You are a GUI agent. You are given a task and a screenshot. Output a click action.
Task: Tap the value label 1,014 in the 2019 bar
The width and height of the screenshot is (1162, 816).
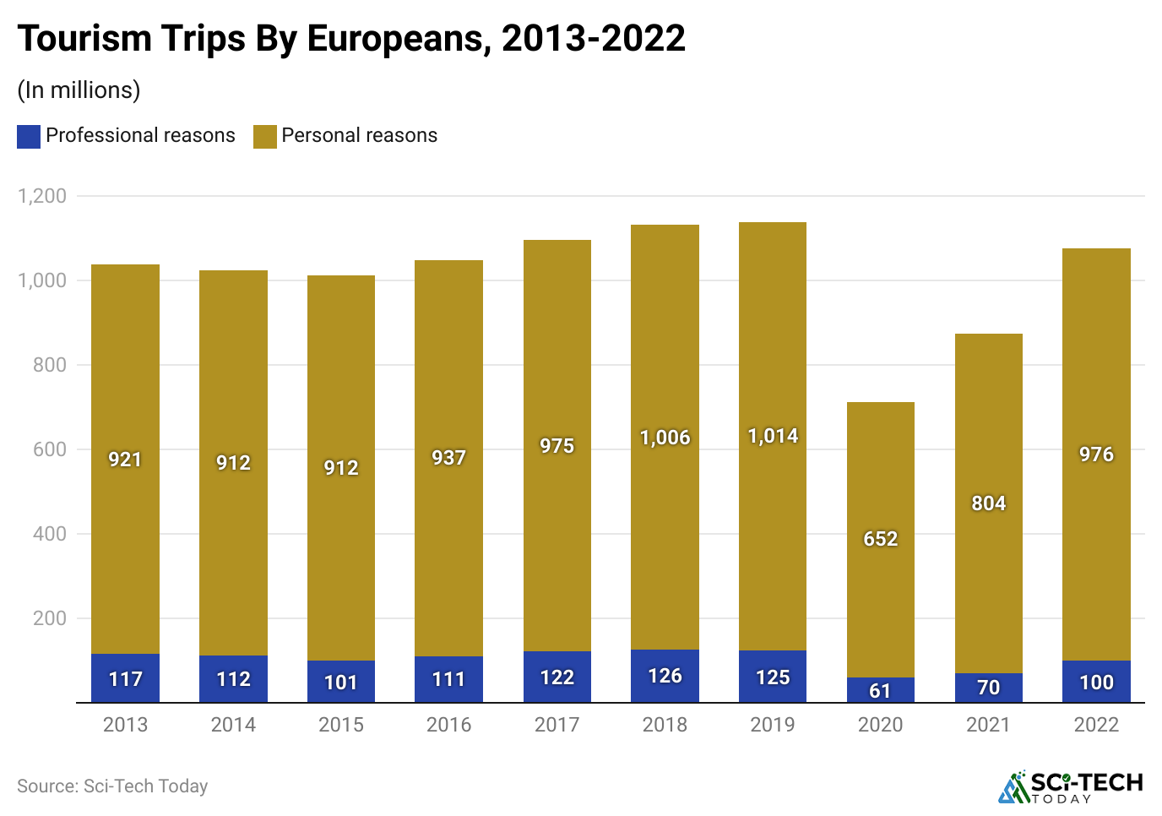tap(773, 436)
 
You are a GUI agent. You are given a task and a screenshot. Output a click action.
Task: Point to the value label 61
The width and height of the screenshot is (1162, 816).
tap(880, 691)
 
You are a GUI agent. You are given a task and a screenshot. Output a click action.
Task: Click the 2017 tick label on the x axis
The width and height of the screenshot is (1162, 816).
tap(557, 725)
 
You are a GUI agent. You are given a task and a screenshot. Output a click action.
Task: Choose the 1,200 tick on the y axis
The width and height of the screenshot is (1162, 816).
tap(42, 196)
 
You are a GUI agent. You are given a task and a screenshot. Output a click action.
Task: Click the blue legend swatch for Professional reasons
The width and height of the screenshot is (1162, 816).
tap(29, 137)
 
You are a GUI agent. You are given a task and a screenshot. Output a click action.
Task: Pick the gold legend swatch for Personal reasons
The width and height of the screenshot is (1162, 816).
tap(265, 137)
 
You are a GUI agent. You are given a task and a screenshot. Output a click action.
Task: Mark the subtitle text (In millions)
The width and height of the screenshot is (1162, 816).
tap(79, 90)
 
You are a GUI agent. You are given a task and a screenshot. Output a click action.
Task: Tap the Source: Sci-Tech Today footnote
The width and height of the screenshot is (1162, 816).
tap(112, 786)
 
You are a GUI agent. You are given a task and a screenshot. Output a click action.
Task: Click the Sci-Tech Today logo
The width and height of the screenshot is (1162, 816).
tap(1071, 787)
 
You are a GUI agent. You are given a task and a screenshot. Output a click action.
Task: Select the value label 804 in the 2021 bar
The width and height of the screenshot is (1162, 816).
tap(988, 503)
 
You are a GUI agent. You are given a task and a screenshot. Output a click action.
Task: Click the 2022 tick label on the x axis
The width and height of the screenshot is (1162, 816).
tap(1096, 725)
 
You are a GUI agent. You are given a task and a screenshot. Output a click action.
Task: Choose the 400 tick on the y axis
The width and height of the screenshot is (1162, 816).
tap(50, 534)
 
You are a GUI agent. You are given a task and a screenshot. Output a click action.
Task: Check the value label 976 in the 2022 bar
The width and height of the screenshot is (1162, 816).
tap(1096, 454)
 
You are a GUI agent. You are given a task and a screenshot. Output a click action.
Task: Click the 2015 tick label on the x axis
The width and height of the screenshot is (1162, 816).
tap(341, 725)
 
